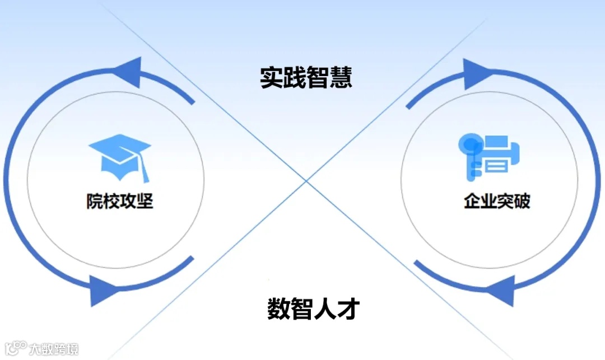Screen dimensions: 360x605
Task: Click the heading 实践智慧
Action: click(x=306, y=78)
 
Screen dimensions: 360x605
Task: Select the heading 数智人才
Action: click(x=312, y=308)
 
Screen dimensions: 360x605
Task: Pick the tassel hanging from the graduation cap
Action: click(x=145, y=171)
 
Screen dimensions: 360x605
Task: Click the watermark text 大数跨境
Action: click(x=54, y=349)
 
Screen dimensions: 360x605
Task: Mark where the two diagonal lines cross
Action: click(x=306, y=181)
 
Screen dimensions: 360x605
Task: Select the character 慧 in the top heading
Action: click(x=341, y=78)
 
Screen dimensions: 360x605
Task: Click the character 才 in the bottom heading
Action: click(x=347, y=308)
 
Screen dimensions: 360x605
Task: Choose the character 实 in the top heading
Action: click(x=271, y=78)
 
